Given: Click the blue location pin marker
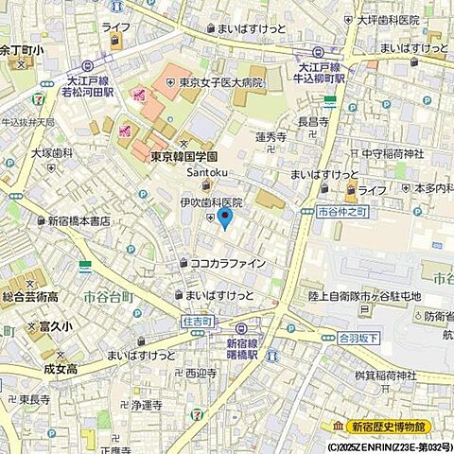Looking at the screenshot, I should coord(224,218).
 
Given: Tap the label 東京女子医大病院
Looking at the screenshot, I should coord(222,82).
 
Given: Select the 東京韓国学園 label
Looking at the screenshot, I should coord(184,156).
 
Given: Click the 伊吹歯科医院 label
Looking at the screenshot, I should coord(212,201).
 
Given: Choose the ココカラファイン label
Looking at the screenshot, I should coord(228,264).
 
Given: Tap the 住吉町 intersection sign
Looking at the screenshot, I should coord(195,323).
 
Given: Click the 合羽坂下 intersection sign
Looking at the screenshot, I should coord(358,336).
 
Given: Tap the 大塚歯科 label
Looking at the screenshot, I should coord(51,151).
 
